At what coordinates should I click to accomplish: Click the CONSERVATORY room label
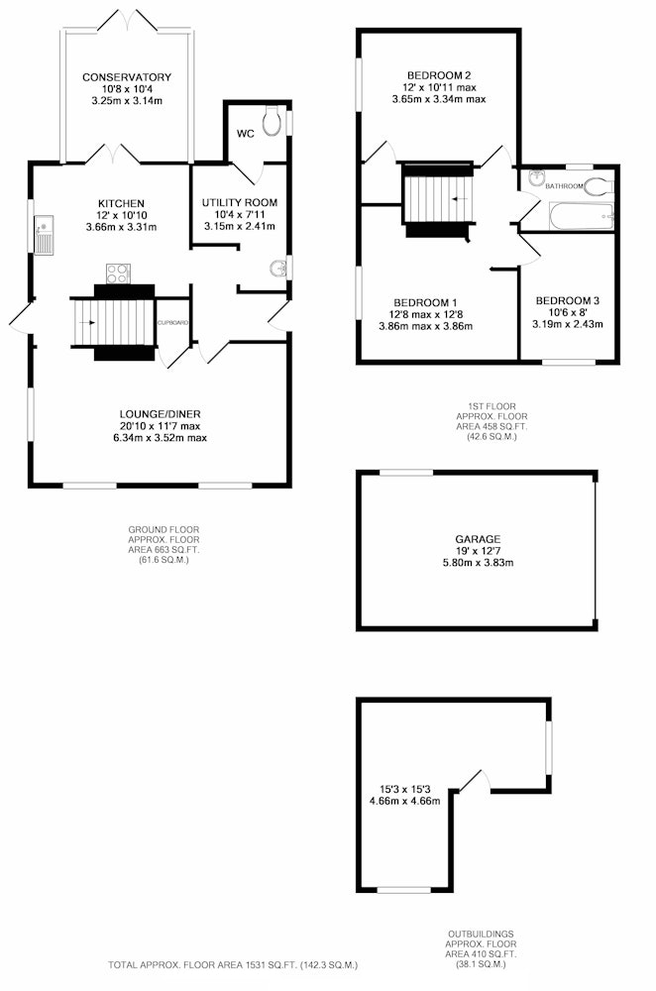[x=127, y=77]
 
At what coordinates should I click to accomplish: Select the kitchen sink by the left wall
[x=44, y=235]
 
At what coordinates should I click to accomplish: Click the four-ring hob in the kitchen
[x=118, y=274]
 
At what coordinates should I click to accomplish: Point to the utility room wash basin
[x=278, y=269]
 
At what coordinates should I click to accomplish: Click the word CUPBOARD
[x=172, y=322]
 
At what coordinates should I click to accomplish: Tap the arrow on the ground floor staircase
[x=88, y=323]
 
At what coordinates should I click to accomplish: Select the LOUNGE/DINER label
[x=161, y=414]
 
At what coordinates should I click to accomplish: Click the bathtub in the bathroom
[x=582, y=216]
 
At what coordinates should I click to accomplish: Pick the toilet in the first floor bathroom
[x=598, y=187]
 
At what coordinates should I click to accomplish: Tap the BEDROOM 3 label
[x=567, y=301]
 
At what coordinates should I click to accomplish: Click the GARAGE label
[x=478, y=539]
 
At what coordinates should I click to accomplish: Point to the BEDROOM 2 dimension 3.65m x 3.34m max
[x=439, y=99]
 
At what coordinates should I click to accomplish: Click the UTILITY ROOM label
[x=240, y=203]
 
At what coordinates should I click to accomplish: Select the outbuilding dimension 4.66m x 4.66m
[x=405, y=800]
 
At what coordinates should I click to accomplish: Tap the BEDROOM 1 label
[x=425, y=302]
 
